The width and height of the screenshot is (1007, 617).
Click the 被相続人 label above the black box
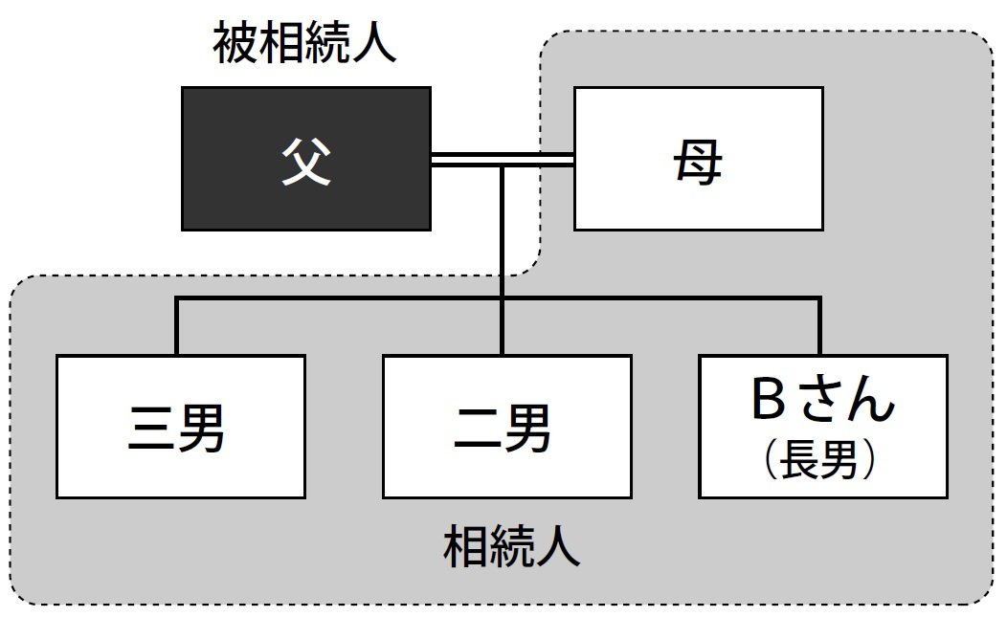click(303, 46)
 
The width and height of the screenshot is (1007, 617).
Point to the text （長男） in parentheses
click(822, 462)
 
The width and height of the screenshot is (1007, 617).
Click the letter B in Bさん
click(768, 403)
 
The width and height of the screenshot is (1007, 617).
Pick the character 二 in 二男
click(478, 429)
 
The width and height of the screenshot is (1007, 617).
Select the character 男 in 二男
click(528, 429)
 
